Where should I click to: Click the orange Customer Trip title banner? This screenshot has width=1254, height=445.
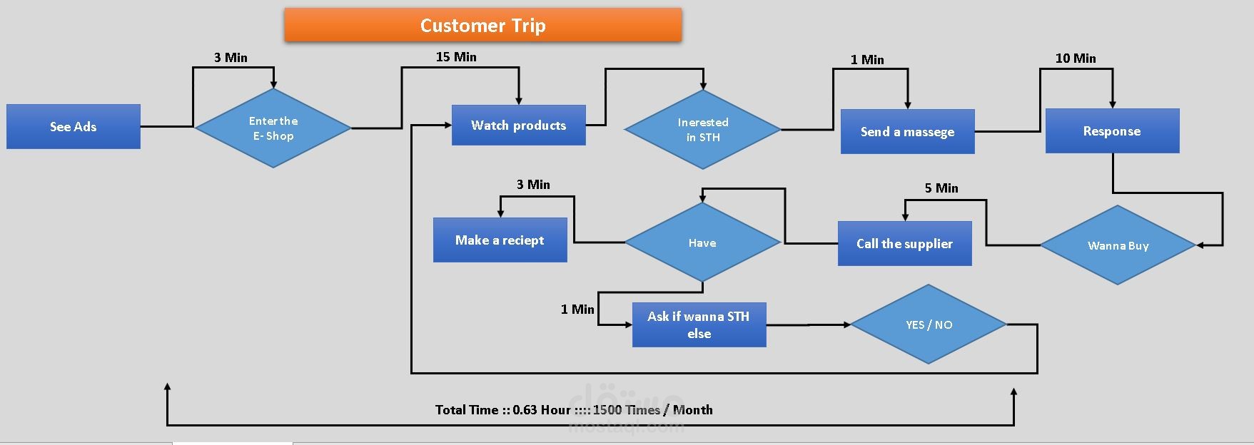click(x=482, y=26)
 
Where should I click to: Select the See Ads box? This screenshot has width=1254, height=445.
click(x=74, y=127)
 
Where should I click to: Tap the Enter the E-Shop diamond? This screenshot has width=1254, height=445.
click(x=273, y=128)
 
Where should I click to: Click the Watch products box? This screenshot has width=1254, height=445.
click(x=518, y=126)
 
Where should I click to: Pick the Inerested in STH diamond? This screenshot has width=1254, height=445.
click(x=702, y=130)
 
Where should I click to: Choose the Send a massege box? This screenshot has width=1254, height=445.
click(x=907, y=132)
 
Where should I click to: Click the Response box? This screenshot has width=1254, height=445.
click(x=1112, y=131)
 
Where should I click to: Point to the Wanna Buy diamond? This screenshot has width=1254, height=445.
click(x=1118, y=245)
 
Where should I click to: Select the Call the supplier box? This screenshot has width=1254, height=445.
click(x=904, y=244)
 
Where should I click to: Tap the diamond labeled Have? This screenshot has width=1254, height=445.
click(x=702, y=243)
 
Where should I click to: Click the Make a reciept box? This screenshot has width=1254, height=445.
click(x=500, y=240)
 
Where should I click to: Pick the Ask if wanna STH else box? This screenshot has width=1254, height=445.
click(x=699, y=325)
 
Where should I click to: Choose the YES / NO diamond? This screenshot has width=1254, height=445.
click(x=929, y=324)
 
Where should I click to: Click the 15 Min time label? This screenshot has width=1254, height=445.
click(x=456, y=57)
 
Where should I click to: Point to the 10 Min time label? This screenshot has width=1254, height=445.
click(x=1076, y=58)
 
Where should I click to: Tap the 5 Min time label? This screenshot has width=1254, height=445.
click(x=941, y=188)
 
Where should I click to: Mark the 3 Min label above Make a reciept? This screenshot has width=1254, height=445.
click(x=533, y=185)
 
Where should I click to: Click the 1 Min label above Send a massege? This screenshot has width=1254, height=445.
click(x=867, y=60)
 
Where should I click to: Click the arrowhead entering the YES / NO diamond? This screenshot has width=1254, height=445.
click(x=846, y=324)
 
